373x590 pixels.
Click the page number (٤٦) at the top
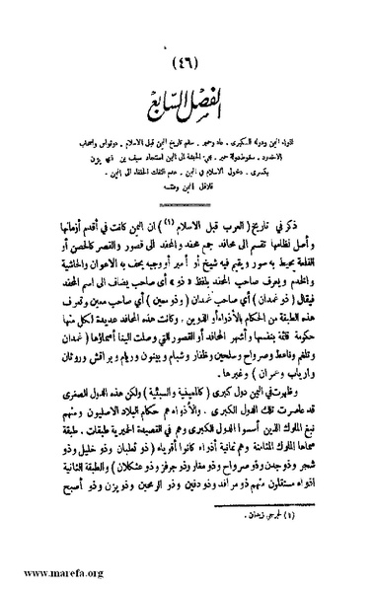click(187, 63)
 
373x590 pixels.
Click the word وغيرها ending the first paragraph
click(172, 335)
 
